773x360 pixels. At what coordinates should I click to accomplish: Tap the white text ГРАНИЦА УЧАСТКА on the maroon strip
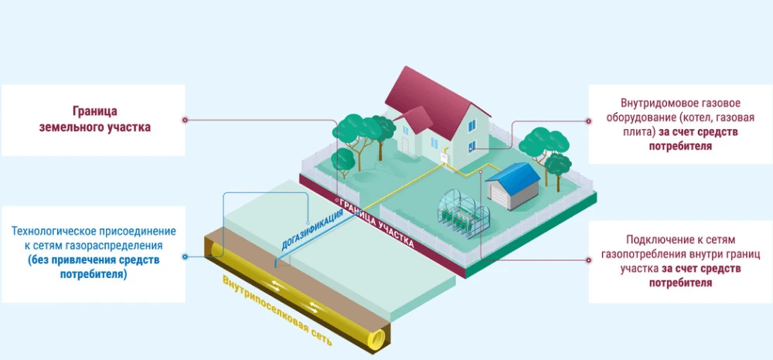(x=376, y=222)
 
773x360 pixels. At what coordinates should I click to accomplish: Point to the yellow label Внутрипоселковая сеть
(x=277, y=311)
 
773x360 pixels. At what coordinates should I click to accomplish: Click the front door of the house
(x=406, y=145)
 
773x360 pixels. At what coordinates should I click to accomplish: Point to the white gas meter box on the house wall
(x=444, y=158)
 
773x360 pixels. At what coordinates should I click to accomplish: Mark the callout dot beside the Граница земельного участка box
(x=185, y=120)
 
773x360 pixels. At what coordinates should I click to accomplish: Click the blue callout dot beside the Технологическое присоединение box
(x=185, y=256)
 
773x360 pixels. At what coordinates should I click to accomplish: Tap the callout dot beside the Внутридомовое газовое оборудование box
(x=588, y=121)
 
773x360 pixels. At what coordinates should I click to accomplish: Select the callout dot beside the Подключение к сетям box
(x=588, y=260)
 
